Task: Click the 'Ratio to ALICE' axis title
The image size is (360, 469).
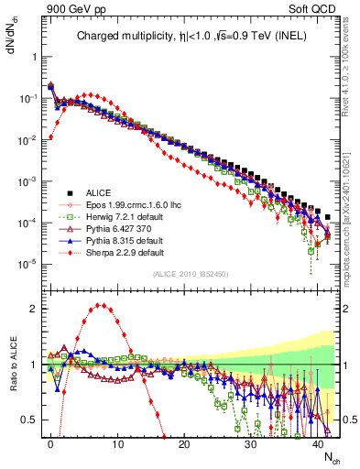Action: pyautogui.click(x=11, y=364)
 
